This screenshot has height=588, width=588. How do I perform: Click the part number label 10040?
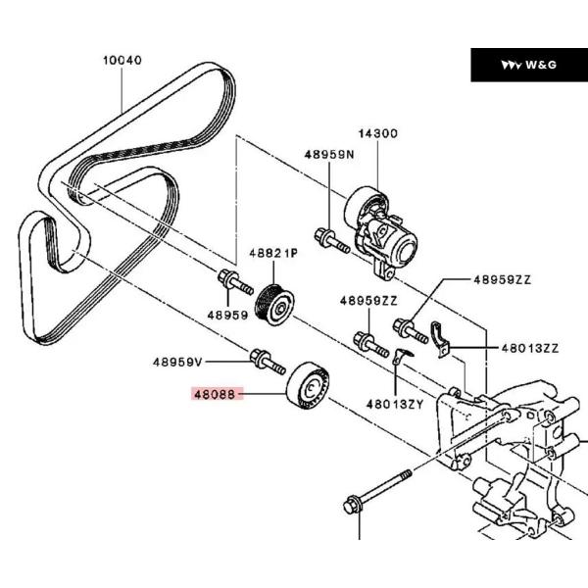123,60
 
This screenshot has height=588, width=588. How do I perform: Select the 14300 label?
377,133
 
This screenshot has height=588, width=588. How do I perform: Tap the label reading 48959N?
327,154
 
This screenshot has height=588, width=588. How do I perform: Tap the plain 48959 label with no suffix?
228,316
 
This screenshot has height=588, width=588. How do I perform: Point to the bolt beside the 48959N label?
330,240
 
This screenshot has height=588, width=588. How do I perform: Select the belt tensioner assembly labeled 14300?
387,231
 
